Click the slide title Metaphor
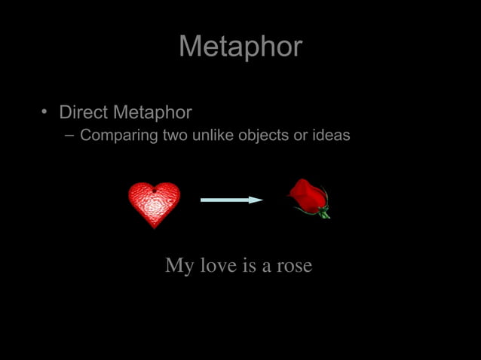coord(240,47)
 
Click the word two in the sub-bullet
coord(175,136)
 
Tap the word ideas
coord(332,136)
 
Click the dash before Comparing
coord(69,136)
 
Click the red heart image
coord(154,203)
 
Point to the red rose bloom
coord(308,194)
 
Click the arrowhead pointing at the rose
coord(257,200)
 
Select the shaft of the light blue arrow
coord(225,200)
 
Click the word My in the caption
coord(179,266)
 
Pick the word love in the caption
coord(214,266)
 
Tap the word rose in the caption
coord(294,266)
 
